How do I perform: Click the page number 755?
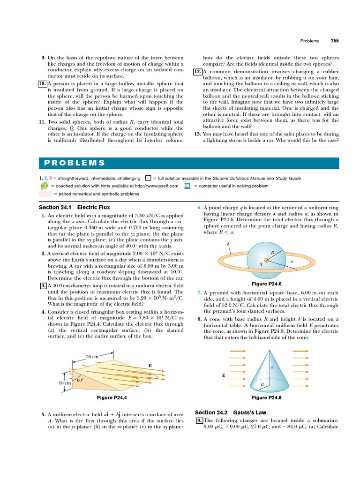[334, 41]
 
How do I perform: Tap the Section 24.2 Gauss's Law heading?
[224, 412]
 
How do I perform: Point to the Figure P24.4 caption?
[112, 397]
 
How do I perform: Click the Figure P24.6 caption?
[266, 284]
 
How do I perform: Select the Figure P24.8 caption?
[266, 397]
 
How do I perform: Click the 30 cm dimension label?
[92, 357]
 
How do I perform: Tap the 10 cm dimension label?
[65, 383]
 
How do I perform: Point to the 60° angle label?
[80, 380]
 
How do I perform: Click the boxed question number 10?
[41, 83]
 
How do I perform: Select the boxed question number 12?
[197, 71]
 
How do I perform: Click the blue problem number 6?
[199, 207]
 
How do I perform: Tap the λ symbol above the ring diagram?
[228, 244]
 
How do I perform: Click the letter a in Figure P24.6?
[291, 262]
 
